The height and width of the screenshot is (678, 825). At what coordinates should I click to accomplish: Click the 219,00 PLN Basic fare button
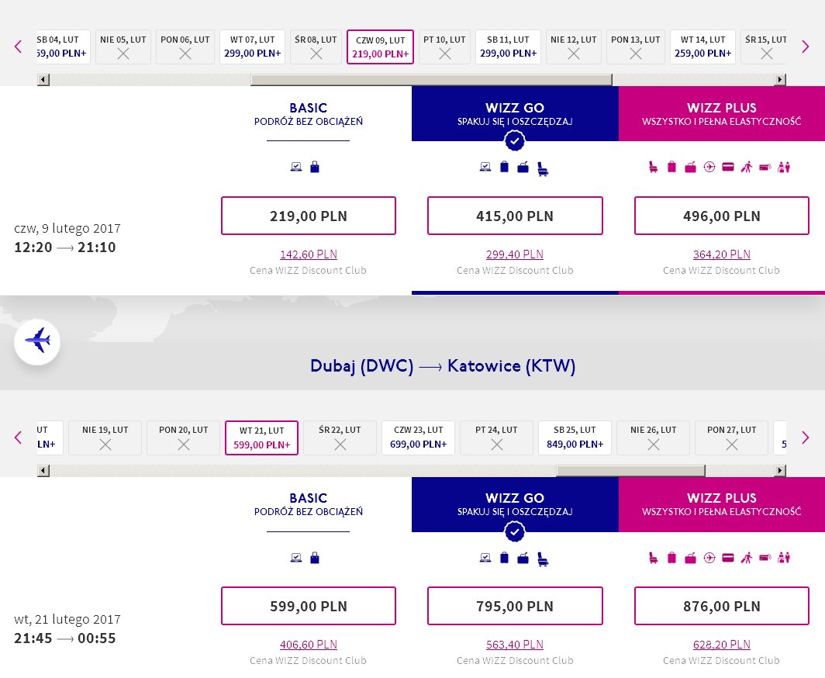(x=309, y=216)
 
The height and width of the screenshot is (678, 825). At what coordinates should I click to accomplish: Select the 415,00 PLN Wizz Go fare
(x=515, y=216)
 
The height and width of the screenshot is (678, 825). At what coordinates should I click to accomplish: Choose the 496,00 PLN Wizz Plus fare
(x=721, y=216)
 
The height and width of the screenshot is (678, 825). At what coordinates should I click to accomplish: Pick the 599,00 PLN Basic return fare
(x=309, y=606)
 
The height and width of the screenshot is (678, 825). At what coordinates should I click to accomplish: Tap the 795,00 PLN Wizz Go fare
(x=515, y=606)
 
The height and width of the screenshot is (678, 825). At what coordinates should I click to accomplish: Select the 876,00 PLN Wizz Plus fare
(x=721, y=606)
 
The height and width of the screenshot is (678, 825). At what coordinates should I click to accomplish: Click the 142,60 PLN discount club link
(x=309, y=254)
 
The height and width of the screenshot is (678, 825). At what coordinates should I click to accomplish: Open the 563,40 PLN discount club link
(x=515, y=645)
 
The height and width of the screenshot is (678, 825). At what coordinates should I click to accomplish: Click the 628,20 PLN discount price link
(x=721, y=645)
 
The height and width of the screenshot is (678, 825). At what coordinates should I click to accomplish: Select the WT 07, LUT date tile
(x=253, y=47)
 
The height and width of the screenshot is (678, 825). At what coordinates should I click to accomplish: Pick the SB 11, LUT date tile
(x=509, y=47)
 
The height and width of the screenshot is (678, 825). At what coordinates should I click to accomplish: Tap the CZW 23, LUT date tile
(x=418, y=438)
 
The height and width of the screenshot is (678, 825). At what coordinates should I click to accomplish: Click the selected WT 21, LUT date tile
(x=261, y=438)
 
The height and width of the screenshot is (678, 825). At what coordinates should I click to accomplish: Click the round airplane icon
(x=37, y=341)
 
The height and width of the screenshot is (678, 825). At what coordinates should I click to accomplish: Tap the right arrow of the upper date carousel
(x=805, y=47)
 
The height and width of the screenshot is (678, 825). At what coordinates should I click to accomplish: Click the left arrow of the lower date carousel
(x=19, y=438)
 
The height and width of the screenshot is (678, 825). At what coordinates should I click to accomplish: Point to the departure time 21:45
(x=33, y=638)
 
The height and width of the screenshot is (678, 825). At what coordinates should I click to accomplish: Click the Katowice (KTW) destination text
(x=512, y=366)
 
